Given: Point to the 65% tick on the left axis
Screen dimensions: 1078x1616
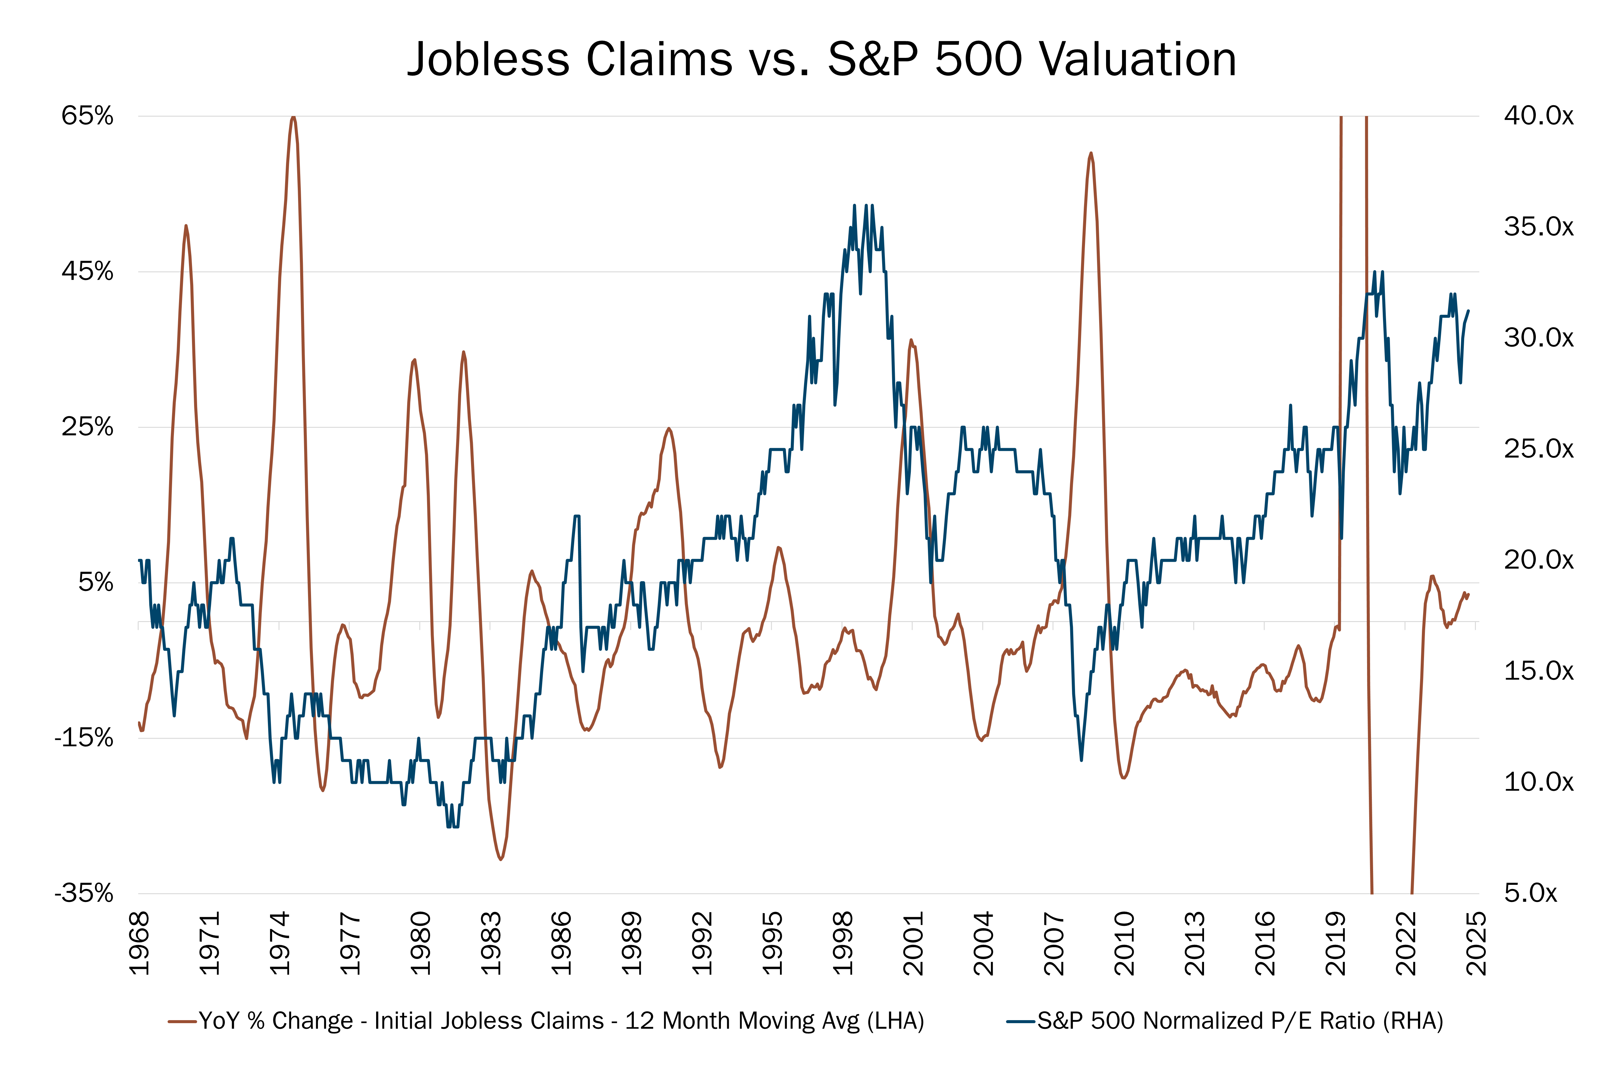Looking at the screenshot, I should click(x=87, y=115).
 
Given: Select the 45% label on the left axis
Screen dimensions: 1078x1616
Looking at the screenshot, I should click(x=87, y=272).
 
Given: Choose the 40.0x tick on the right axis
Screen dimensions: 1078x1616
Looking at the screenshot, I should click(x=1538, y=115).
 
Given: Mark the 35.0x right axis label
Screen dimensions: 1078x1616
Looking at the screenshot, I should click(x=1538, y=227).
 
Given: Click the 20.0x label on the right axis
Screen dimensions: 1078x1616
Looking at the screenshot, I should click(x=1538, y=560).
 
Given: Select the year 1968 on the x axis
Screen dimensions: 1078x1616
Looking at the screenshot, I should click(x=140, y=943).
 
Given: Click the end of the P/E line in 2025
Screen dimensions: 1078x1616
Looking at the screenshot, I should click(x=1468, y=311).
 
